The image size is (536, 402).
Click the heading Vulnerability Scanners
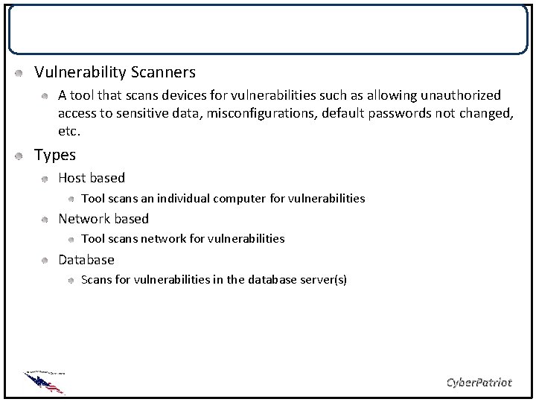[115, 72]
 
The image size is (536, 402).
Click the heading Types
[55, 155]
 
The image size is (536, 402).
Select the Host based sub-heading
[92, 178]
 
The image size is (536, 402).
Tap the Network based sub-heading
[103, 219]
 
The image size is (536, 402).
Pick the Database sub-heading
[86, 260]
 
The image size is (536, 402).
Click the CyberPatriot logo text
[478, 382]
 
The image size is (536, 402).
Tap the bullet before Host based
[45, 179]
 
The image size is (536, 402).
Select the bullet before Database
[45, 261]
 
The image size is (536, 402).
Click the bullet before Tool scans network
[69, 239]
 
